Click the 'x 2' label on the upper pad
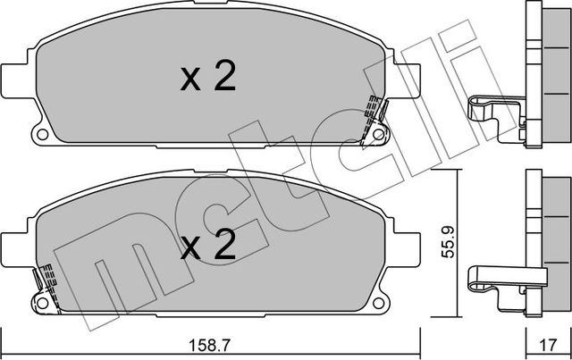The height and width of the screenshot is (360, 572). click(208, 80)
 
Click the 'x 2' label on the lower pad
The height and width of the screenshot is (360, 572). click(207, 244)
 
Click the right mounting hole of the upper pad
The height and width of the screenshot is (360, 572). click(380, 136)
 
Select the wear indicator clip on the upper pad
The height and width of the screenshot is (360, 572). click(374, 116)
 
